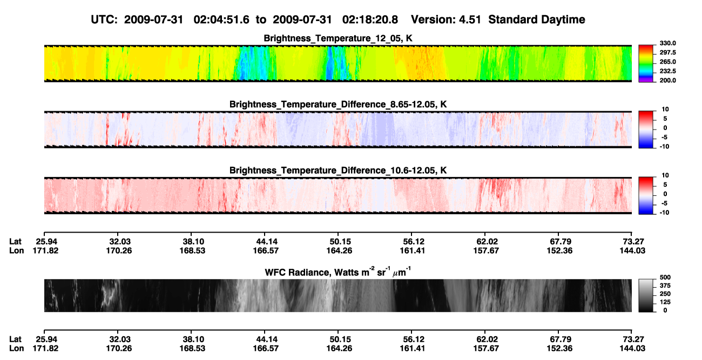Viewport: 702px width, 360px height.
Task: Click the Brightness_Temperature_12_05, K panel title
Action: (x=338, y=38)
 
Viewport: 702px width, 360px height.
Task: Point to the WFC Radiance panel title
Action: (x=337, y=272)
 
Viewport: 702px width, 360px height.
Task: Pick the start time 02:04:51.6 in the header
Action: (x=221, y=19)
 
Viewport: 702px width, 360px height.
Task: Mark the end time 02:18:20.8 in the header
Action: (x=370, y=19)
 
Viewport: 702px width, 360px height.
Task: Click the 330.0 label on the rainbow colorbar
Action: (x=667, y=43)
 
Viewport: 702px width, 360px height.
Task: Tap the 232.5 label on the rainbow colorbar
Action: (x=667, y=71)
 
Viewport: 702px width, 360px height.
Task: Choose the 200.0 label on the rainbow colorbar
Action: (x=667, y=80)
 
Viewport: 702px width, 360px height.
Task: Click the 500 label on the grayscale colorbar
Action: (x=665, y=277)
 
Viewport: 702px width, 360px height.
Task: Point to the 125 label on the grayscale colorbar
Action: (x=665, y=302)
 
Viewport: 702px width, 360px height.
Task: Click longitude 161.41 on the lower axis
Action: (x=412, y=349)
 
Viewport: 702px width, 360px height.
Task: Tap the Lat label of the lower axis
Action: (x=15, y=339)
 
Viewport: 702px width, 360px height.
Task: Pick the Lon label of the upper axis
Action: (x=17, y=250)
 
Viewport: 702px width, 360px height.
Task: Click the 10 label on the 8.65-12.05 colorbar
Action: (x=665, y=110)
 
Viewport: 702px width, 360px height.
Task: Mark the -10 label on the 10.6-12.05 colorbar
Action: (x=664, y=213)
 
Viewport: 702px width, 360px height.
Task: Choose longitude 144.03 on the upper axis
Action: (x=632, y=250)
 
